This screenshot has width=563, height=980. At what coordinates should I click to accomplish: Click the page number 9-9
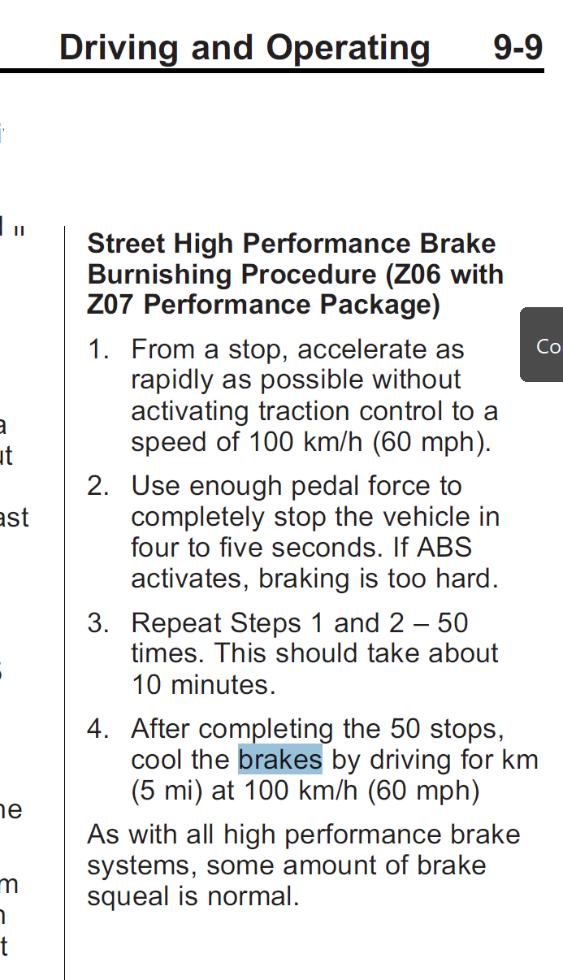point(518,48)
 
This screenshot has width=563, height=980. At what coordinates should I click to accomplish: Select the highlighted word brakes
point(280,760)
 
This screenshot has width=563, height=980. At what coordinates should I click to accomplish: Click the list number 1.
point(97,350)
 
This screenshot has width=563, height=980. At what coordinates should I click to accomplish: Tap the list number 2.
point(97,487)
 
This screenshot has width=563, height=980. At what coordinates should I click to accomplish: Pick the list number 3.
point(97,623)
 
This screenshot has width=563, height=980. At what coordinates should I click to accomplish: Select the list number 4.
point(97,729)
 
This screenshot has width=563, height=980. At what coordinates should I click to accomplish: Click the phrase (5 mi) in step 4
point(167,791)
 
